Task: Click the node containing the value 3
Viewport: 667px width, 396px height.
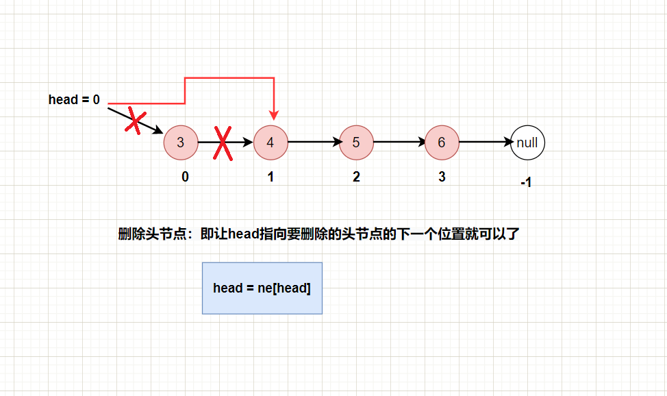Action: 180,143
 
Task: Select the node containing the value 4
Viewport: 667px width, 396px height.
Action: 270,143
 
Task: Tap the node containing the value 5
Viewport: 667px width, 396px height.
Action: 356,143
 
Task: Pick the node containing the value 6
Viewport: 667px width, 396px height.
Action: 442,143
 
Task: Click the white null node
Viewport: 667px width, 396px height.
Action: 527,143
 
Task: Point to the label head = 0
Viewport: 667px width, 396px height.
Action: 74,100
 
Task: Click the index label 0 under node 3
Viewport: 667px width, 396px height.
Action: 185,177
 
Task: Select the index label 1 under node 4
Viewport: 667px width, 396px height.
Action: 270,177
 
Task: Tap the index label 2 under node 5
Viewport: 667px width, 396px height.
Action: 356,177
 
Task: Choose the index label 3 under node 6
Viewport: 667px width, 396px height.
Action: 442,177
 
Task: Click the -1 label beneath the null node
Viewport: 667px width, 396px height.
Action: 526,184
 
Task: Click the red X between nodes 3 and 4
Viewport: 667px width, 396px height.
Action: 223,143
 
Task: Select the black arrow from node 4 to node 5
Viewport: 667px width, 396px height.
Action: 314,143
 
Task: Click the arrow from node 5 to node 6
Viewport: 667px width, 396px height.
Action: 399,143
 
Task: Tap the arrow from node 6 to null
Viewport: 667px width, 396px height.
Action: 485,143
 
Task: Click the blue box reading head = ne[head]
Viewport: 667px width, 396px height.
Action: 262,288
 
